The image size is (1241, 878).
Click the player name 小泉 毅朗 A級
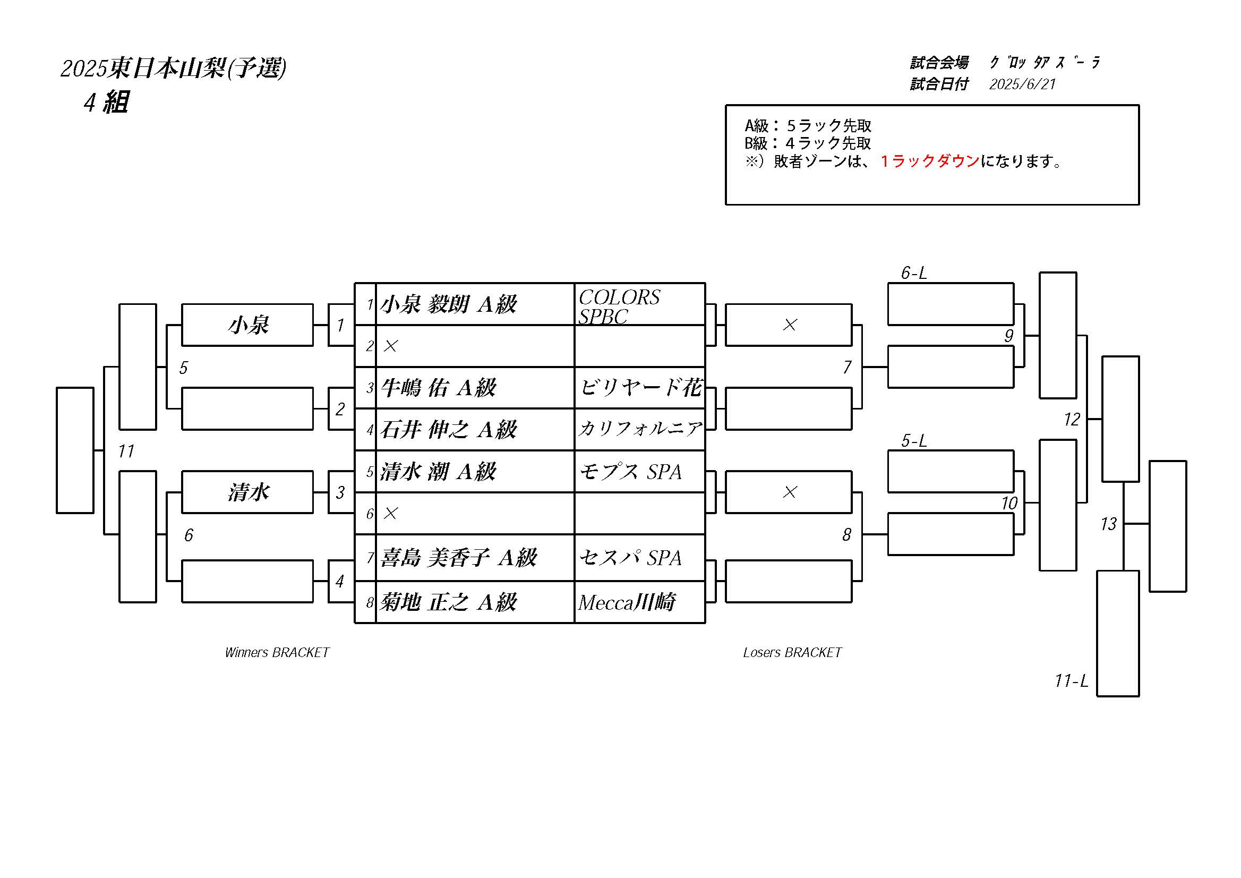(x=448, y=304)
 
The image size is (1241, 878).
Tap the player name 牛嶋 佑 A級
(x=438, y=388)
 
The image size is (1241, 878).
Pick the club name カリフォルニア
(x=640, y=429)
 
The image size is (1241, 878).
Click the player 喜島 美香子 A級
(x=458, y=557)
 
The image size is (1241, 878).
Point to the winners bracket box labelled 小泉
(x=247, y=325)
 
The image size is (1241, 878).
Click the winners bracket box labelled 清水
(x=247, y=492)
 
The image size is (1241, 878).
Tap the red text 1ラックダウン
(x=930, y=161)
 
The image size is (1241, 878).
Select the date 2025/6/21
(x=1022, y=84)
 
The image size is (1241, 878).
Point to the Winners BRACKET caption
(x=277, y=653)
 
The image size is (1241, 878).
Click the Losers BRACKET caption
(x=792, y=653)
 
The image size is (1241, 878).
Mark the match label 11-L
(x=1071, y=680)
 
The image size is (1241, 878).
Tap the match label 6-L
(x=913, y=273)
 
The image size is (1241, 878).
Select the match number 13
(x=1108, y=524)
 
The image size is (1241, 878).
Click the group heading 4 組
(x=106, y=102)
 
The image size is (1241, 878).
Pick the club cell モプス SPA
(x=630, y=472)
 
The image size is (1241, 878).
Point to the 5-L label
(x=913, y=441)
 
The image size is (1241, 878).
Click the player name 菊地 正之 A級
(x=448, y=602)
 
